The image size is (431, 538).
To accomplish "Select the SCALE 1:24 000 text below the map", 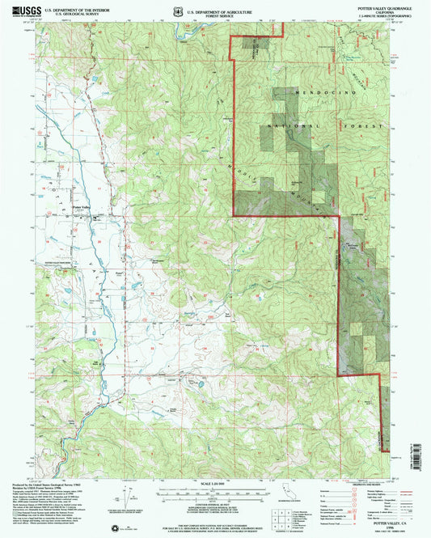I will click(209, 483).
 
